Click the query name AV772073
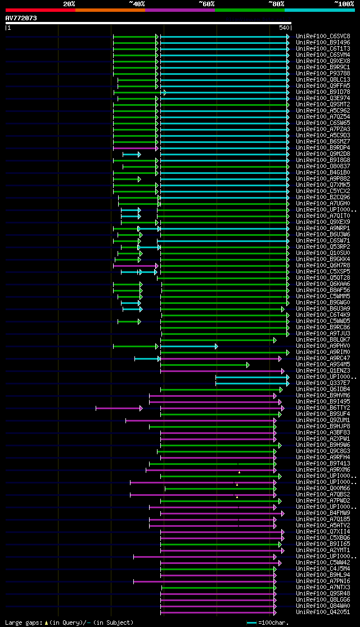pos(21,18)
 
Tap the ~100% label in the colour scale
pos(344,4)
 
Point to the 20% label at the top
pos(69,4)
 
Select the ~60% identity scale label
pos(206,4)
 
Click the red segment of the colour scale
pos(40,10)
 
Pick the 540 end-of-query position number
pos(283,28)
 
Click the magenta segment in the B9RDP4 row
pos(135,148)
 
